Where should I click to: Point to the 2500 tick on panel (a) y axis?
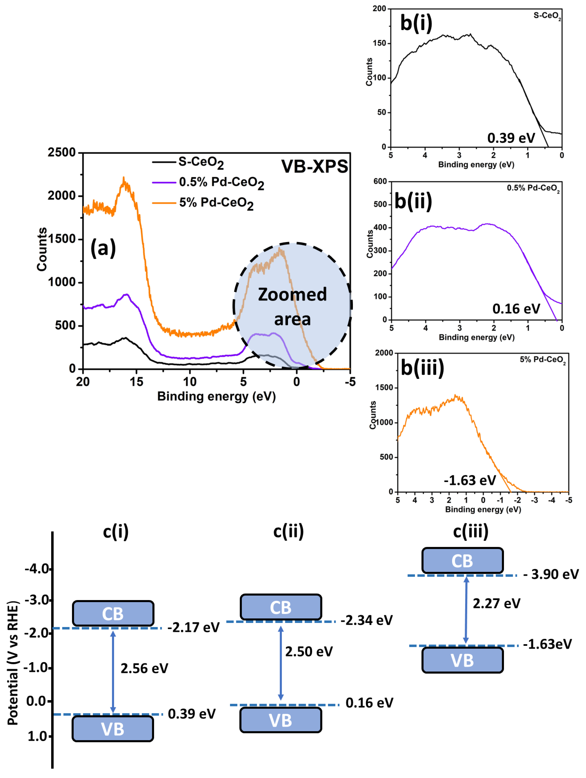pos(62,153)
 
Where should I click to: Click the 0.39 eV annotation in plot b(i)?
pos(511,138)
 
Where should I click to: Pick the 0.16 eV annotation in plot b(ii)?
pos(516,309)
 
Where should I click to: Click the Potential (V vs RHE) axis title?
pos(13,663)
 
